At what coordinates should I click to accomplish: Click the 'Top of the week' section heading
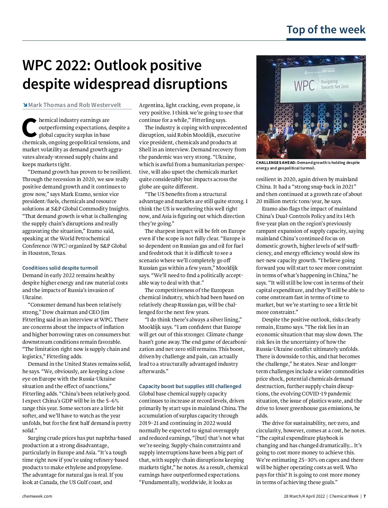click(x=326, y=30)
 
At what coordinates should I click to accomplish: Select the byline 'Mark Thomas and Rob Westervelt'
click(x=74, y=105)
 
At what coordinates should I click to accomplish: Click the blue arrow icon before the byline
click(x=25, y=105)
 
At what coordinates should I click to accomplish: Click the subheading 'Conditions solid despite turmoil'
click(x=60, y=268)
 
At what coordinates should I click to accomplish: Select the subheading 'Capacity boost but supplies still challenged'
click(x=190, y=386)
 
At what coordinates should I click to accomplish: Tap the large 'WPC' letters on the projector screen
click(x=304, y=85)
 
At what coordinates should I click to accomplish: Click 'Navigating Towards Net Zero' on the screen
click(x=334, y=84)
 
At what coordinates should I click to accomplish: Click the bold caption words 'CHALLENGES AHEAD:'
click(x=276, y=163)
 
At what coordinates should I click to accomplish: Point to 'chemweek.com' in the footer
click(x=37, y=496)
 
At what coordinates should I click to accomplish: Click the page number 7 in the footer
click(x=364, y=496)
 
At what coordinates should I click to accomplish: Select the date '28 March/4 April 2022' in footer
click(x=304, y=496)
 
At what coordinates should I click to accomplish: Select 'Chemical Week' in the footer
click(x=344, y=496)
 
